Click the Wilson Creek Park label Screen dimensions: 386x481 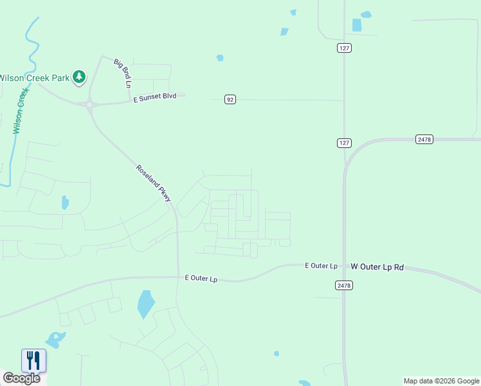tap(33, 78)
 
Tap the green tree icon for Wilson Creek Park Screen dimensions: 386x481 tap(79, 77)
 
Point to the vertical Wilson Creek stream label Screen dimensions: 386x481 tap(21, 111)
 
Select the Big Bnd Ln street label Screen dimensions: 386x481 tap(123, 73)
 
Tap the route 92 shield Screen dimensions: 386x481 tap(230, 99)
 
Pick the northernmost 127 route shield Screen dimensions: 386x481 tap(344, 48)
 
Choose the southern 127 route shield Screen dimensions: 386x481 tap(344, 142)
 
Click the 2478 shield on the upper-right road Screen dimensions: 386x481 tap(424, 139)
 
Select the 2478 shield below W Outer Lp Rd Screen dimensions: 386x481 tap(344, 284)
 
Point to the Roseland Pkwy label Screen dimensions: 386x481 tap(154, 183)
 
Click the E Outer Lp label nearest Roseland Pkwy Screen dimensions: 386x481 tap(201, 279)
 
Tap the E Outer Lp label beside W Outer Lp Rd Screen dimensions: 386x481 tap(321, 266)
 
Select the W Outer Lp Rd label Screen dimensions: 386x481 tap(377, 266)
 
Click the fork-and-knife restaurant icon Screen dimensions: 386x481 tap(33, 360)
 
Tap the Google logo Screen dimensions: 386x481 tap(22, 378)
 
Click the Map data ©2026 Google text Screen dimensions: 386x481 tap(441, 381)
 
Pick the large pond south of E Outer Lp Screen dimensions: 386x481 tap(146, 304)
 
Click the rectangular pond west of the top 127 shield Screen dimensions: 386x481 tap(357, 25)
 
